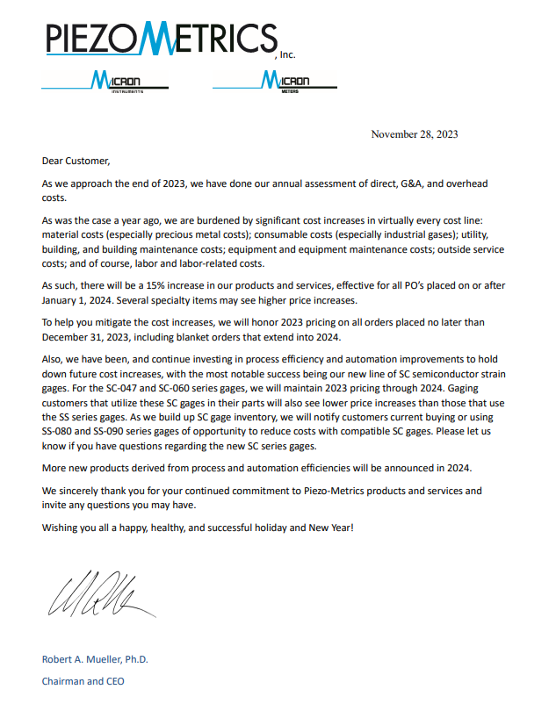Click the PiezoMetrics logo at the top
161,39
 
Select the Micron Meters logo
275,83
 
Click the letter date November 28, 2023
414,134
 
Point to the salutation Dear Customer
76,161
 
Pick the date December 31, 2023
90,335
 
